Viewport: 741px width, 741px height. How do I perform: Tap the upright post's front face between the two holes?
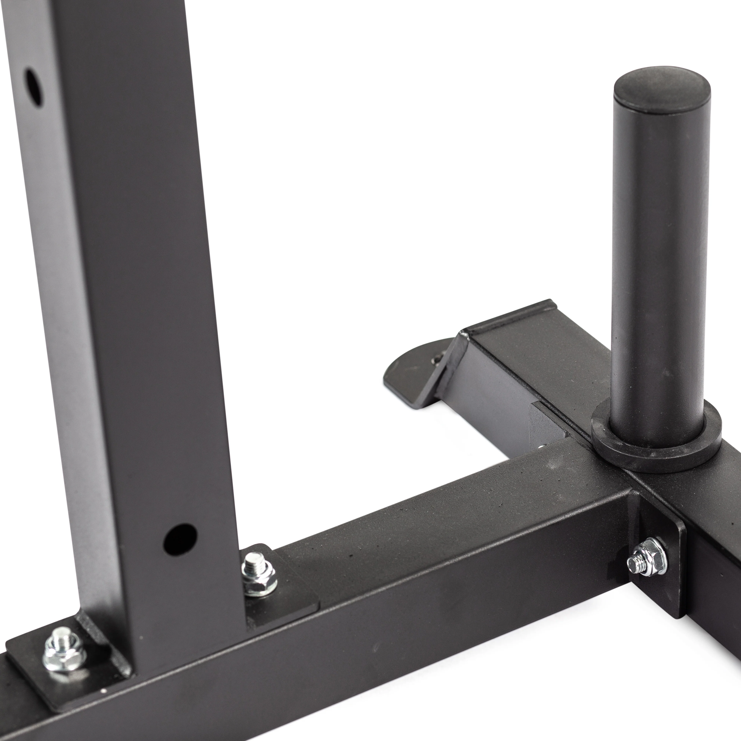pos(127,307)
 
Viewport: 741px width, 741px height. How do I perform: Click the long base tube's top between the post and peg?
pos(441,514)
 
